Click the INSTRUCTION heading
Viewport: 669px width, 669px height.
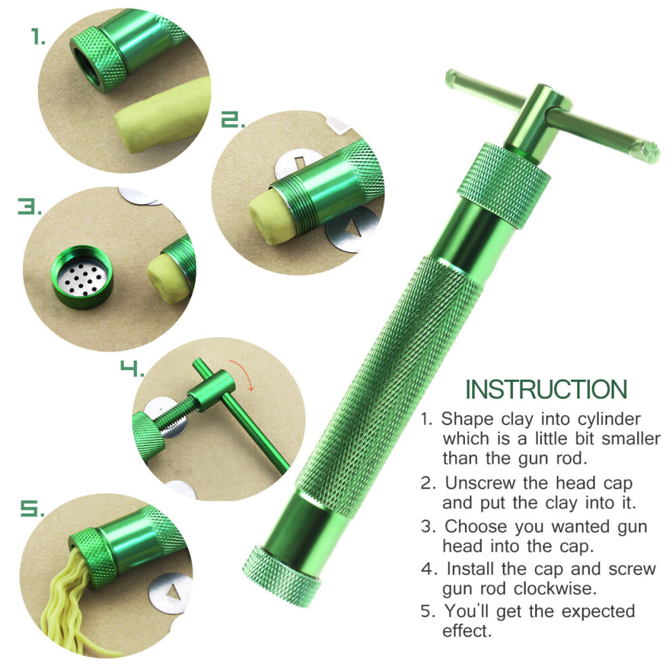pyautogui.click(x=546, y=389)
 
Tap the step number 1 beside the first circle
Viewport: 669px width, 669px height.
pyautogui.click(x=38, y=36)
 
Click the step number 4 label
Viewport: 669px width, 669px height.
pyautogui.click(x=132, y=369)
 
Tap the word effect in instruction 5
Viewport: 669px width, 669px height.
pyautogui.click(x=467, y=630)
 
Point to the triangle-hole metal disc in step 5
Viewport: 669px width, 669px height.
pyautogui.click(x=168, y=593)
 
